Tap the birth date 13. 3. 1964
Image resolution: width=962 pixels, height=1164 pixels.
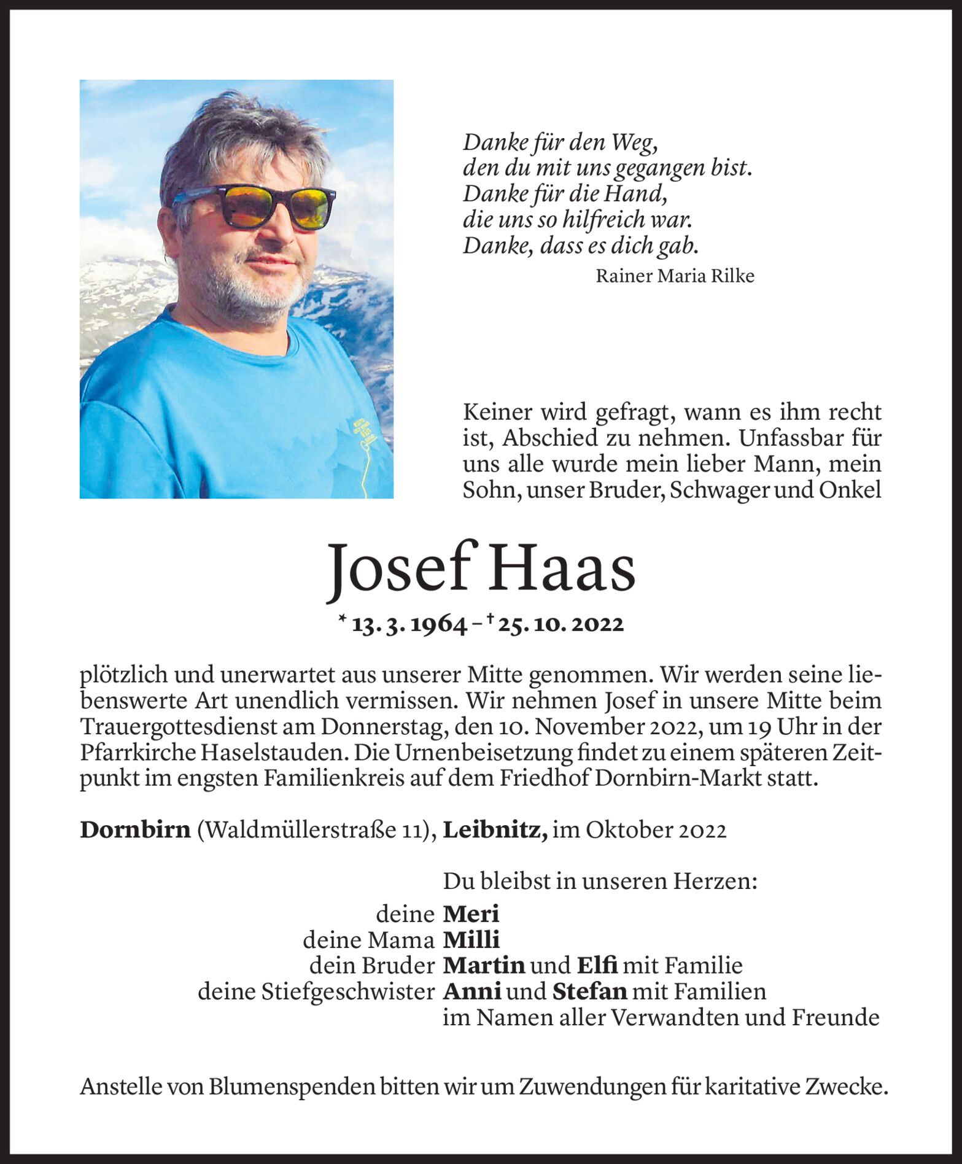[x=409, y=624]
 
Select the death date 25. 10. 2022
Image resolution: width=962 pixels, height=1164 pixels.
[x=561, y=624]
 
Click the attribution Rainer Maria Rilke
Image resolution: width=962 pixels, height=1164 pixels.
[x=675, y=276]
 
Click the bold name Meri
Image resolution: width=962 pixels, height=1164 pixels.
[x=471, y=914]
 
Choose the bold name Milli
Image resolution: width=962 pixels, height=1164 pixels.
[x=471, y=940]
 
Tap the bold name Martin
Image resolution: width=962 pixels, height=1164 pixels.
[x=484, y=966]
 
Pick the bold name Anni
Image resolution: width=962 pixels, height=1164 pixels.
[x=472, y=991]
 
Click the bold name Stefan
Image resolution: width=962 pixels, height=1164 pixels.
[x=589, y=991]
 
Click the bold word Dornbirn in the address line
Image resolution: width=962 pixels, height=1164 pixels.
[x=135, y=830]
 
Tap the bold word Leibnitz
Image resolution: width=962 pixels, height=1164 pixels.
[x=495, y=830]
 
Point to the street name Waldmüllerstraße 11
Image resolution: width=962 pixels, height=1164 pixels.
[x=316, y=830]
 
